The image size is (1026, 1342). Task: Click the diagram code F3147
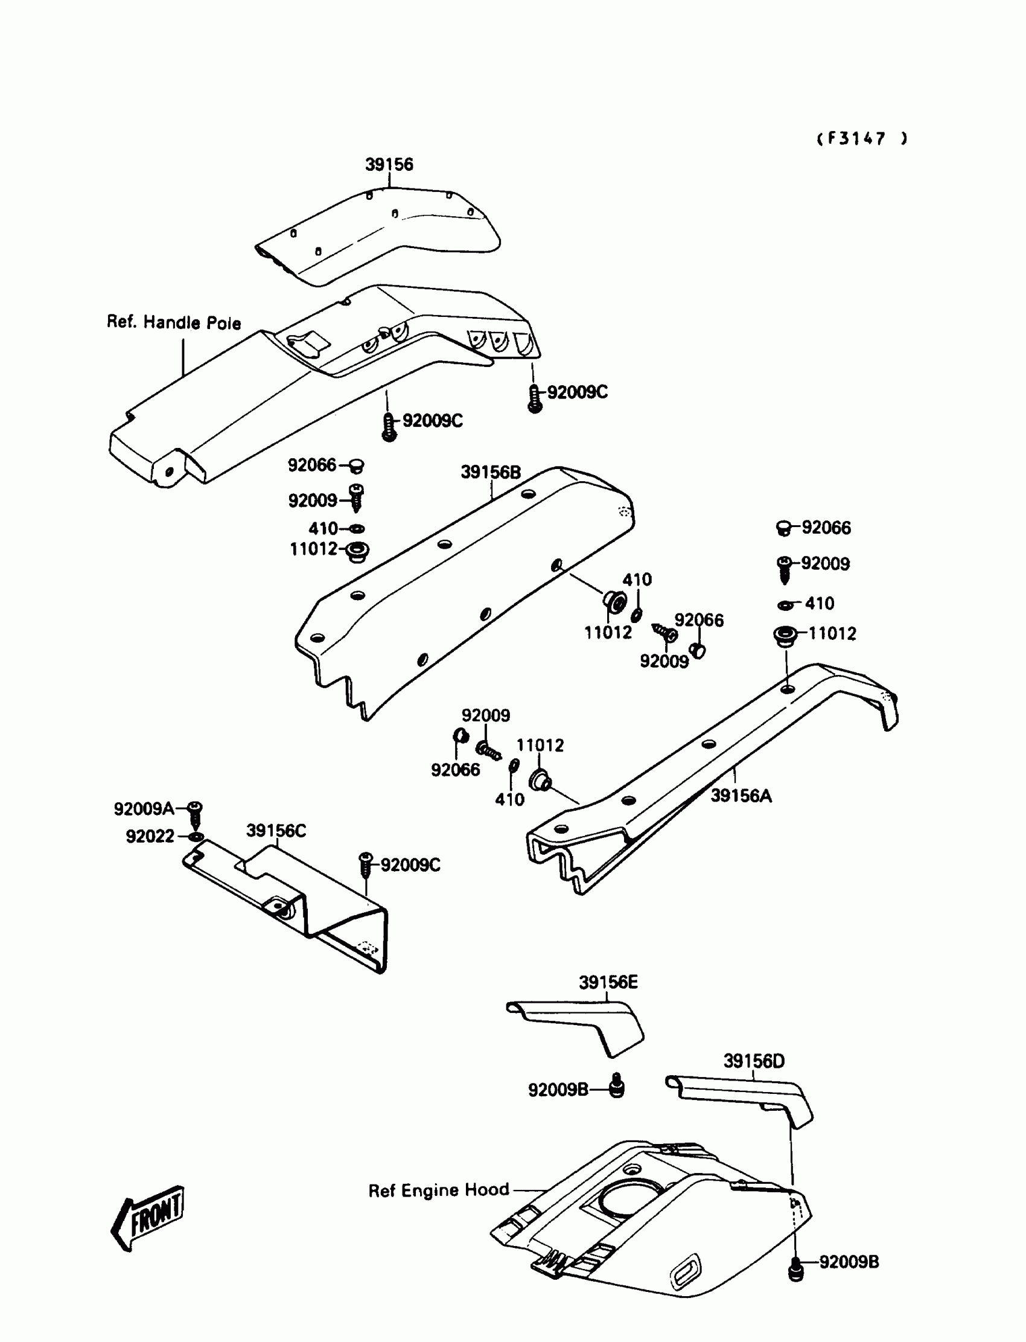[x=862, y=139]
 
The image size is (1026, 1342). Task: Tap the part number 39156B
[x=491, y=472]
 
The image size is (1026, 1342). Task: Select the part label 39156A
[x=741, y=796]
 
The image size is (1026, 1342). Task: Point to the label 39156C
[x=276, y=831]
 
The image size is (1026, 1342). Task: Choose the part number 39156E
[x=608, y=982]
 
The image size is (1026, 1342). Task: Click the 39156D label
[x=754, y=1061]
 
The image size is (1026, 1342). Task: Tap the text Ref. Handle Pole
[x=174, y=322]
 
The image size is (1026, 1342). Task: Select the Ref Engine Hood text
[x=439, y=1190]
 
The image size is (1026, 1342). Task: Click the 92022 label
[x=150, y=836]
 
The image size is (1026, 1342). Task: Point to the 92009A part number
[x=144, y=809]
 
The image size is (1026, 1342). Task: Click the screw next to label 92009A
[x=195, y=814]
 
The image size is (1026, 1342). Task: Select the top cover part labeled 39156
[x=378, y=235]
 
